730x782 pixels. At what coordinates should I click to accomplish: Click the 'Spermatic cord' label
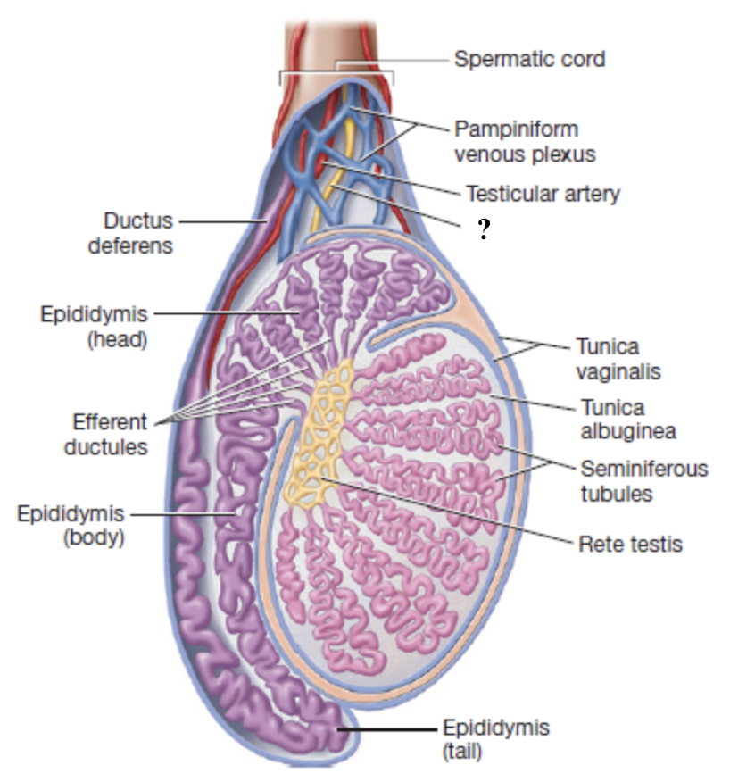point(529,60)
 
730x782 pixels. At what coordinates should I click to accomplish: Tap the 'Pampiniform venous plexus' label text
point(524,141)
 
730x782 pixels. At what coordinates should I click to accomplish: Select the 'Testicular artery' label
point(542,193)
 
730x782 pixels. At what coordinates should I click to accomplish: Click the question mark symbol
point(484,231)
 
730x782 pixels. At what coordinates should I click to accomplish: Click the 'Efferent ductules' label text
point(105,435)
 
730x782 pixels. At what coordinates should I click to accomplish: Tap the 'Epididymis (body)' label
point(69,526)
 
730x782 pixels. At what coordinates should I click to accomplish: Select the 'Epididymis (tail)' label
point(495,738)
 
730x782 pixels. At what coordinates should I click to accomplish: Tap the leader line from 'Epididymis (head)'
point(223,313)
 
